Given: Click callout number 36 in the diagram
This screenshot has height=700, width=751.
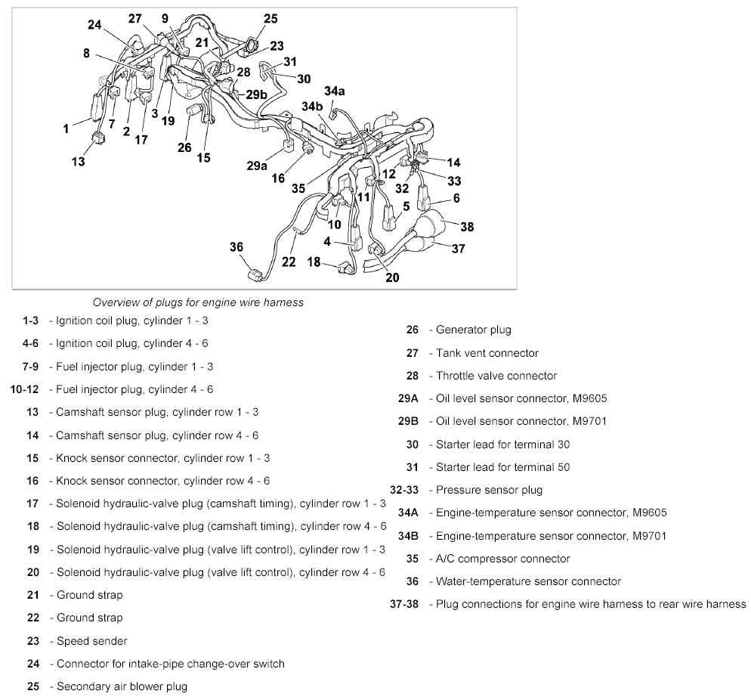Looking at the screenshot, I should point(236,246).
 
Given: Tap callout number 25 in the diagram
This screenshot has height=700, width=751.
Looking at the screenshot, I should point(270,18).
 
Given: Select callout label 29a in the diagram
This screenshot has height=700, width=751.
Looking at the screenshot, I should point(257,166).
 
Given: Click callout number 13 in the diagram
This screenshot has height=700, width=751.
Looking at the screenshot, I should point(79,160).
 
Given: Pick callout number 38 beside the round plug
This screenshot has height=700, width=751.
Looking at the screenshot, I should point(467,226).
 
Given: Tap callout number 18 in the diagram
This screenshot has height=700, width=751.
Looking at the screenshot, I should point(314,262).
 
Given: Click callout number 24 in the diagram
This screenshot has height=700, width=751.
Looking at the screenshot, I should point(94,24).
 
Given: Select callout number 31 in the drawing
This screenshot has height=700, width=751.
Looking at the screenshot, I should point(290,61).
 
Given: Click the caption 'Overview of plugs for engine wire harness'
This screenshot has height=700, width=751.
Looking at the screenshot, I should point(198,302).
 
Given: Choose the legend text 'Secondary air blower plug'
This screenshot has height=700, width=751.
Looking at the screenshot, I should point(122,686).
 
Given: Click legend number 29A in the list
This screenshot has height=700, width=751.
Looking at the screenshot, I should point(408,398).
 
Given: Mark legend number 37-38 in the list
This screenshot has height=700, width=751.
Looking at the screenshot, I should point(405,604).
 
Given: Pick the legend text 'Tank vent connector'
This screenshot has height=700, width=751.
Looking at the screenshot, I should point(487,353).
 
